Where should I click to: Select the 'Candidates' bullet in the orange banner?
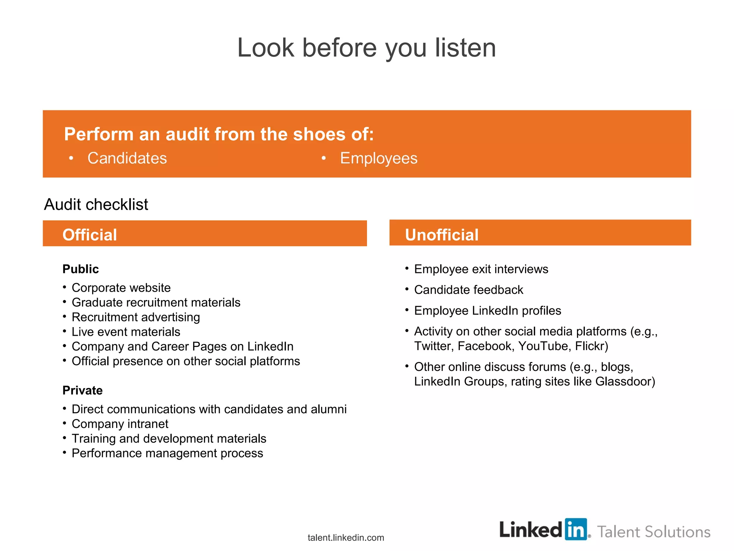tap(127, 158)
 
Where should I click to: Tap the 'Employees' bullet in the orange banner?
tap(378, 158)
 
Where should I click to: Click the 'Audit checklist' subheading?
tap(96, 204)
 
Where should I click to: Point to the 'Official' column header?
tap(90, 235)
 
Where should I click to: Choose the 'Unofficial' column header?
tap(442, 235)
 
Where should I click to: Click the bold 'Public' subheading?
tap(81, 269)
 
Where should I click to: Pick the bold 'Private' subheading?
tap(82, 390)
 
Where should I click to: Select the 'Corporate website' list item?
tap(121, 288)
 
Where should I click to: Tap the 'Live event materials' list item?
tap(126, 332)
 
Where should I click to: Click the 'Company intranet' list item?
tap(120, 424)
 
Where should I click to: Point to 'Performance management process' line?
tap(167, 453)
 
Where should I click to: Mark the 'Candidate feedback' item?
tap(468, 290)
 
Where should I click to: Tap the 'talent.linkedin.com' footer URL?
tap(346, 538)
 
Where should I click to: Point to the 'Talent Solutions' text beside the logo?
tap(654, 532)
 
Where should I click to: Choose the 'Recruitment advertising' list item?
tap(136, 317)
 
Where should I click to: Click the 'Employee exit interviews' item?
tap(481, 269)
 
